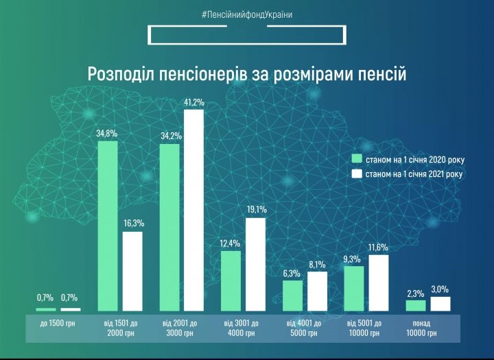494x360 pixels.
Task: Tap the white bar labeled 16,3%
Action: tap(132, 272)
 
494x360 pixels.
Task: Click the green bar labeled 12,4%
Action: tap(231, 281)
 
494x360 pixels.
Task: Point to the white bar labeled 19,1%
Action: tap(255, 265)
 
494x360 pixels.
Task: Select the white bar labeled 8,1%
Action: tap(317, 291)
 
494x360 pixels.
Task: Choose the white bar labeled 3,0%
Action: tap(440, 304)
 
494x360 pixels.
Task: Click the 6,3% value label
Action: tap(292, 272)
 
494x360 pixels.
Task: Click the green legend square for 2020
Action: tap(356, 160)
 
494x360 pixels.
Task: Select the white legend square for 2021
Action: tap(356, 174)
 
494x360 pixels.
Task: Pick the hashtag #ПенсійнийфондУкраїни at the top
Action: tap(247, 14)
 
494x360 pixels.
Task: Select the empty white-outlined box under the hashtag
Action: tap(246, 35)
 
